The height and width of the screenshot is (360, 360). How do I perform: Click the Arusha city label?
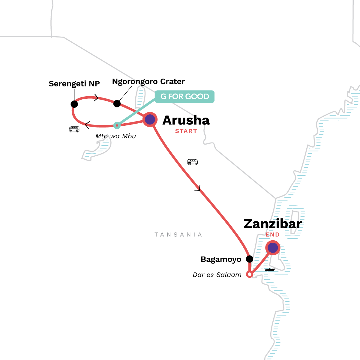[x=186, y=120]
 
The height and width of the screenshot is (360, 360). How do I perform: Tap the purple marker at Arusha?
[x=150, y=120]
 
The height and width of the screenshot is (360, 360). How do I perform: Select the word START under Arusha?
[x=186, y=131]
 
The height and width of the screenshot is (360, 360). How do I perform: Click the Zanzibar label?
[x=272, y=224]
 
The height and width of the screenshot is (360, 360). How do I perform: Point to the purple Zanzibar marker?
[x=273, y=248]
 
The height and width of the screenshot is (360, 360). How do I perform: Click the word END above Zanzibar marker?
[x=272, y=235]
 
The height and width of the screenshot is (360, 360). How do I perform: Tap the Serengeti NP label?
[x=74, y=84]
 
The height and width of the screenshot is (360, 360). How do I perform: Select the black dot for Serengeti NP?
[x=74, y=104]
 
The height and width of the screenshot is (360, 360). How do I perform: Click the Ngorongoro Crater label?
[x=148, y=82]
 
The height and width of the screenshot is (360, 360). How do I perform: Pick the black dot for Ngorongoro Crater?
[x=117, y=104]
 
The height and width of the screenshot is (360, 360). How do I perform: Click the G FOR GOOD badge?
[x=184, y=97]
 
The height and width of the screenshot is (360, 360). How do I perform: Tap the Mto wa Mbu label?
[x=115, y=136]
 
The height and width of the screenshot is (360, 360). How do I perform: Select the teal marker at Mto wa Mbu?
[x=117, y=125]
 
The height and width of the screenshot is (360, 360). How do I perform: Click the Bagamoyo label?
[x=221, y=259]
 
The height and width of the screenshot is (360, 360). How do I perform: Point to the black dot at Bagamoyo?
[x=250, y=259]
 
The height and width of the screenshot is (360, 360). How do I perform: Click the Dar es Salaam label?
[x=217, y=275]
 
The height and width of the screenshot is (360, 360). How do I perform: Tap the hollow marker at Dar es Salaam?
[x=249, y=274]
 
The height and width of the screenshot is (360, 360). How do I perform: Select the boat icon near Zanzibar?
[x=270, y=269]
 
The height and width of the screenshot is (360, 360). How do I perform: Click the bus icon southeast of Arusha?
[x=193, y=162]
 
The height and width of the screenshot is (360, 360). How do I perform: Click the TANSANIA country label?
[x=178, y=235]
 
